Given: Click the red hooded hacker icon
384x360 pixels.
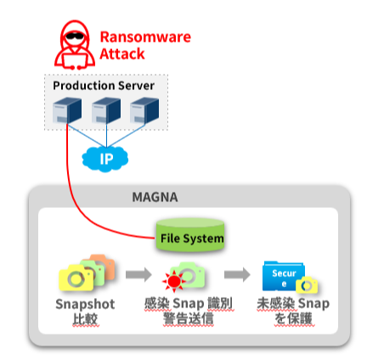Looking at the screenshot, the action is click(75, 45).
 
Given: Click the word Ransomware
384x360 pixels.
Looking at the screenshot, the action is click(145, 37).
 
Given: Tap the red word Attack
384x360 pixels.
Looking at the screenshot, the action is click(122, 53).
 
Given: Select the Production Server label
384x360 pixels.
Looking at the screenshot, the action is click(104, 86).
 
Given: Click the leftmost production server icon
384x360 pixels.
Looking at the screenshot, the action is click(67, 110).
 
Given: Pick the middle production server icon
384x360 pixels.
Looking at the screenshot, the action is click(106, 110).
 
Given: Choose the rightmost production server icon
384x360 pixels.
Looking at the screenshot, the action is click(144, 110).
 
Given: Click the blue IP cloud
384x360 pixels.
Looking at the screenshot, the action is click(105, 159).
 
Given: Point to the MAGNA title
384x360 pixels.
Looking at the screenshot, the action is click(155, 197).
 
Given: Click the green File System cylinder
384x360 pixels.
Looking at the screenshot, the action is click(190, 235).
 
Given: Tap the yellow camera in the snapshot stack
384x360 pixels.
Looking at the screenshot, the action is click(76, 278).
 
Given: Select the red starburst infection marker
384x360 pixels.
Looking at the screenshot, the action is click(174, 281).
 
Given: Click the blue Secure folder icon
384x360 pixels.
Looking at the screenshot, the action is click(283, 276).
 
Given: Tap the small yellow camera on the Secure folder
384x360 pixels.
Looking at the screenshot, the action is click(307, 285).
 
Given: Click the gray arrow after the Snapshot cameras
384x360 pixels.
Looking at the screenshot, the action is click(138, 274).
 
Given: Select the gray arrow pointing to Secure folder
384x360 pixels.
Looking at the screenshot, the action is click(237, 274).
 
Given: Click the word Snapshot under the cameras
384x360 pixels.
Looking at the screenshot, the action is click(85, 305).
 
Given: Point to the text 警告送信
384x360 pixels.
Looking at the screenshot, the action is click(189, 318).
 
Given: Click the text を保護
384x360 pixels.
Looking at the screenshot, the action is click(294, 318).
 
